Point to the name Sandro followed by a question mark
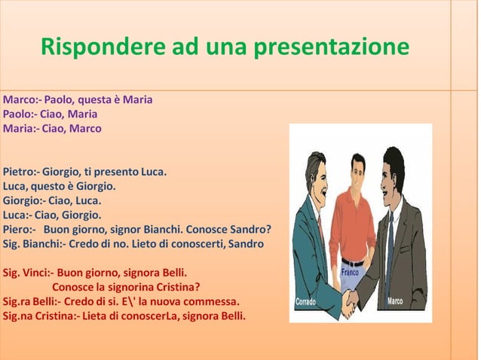(x=251, y=230)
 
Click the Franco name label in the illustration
(x=351, y=272)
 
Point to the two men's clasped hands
(x=351, y=302)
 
